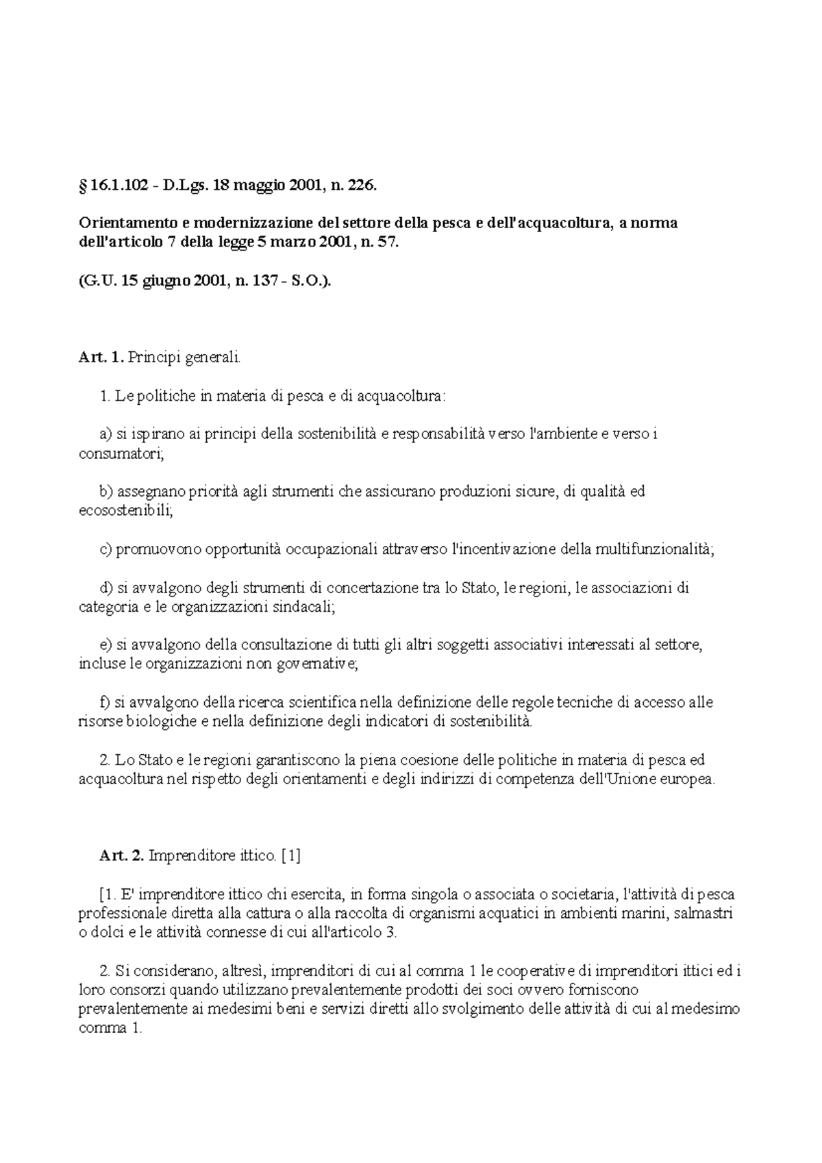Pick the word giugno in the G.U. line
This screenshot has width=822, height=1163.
point(166,282)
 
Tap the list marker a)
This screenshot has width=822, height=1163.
point(105,434)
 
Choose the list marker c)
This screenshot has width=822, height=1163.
point(105,549)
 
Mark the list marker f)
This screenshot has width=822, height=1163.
point(105,703)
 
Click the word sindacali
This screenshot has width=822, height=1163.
point(304,607)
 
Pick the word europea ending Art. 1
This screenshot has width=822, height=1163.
point(688,779)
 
